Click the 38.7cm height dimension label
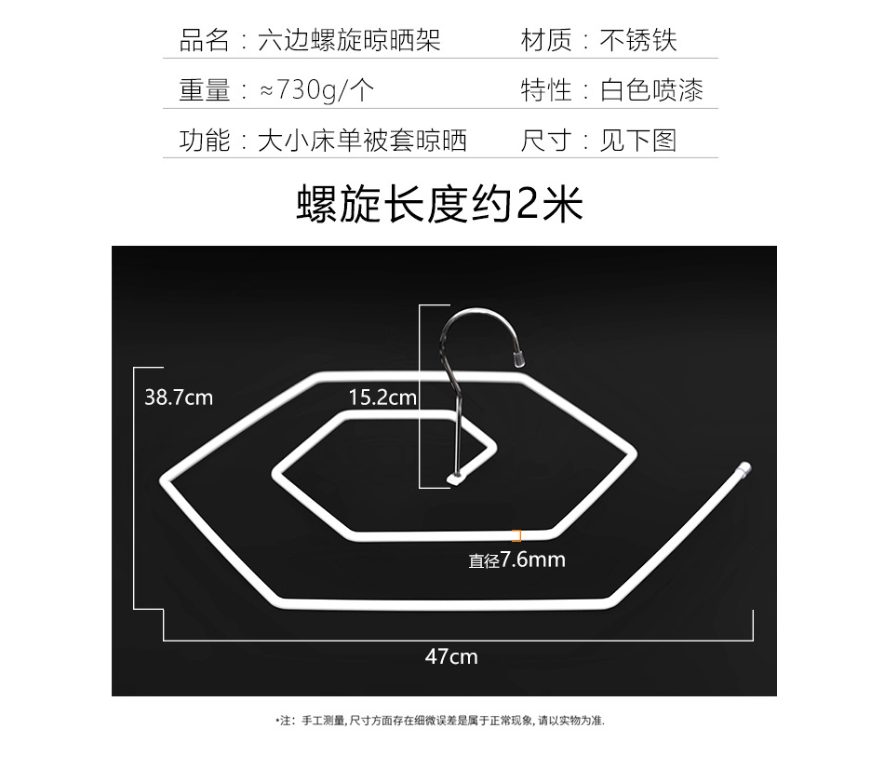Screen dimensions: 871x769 tap(179, 398)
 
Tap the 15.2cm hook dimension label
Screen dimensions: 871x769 tap(382, 398)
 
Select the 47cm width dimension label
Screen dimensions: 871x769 tap(451, 656)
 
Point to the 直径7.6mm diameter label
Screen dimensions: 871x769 tap(516, 560)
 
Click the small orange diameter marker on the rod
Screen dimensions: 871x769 tap(517, 535)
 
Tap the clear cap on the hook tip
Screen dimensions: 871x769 tap(519, 359)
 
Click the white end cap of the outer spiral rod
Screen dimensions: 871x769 tap(744, 468)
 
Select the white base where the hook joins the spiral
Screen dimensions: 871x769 tap(456, 479)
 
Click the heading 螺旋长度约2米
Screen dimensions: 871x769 tap(439, 204)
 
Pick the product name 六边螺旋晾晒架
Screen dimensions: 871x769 tap(349, 40)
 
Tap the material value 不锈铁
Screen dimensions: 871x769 tap(638, 40)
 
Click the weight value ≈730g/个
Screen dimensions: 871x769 tap(316, 90)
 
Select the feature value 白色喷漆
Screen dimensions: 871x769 tap(651, 90)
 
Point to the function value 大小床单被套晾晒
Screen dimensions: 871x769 tap(362, 140)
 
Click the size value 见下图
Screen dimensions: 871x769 tap(638, 140)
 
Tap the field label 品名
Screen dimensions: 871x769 tap(205, 40)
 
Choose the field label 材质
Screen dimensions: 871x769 tap(546, 40)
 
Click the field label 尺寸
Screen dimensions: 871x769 tap(546, 140)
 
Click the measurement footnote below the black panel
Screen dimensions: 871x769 tap(440, 721)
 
